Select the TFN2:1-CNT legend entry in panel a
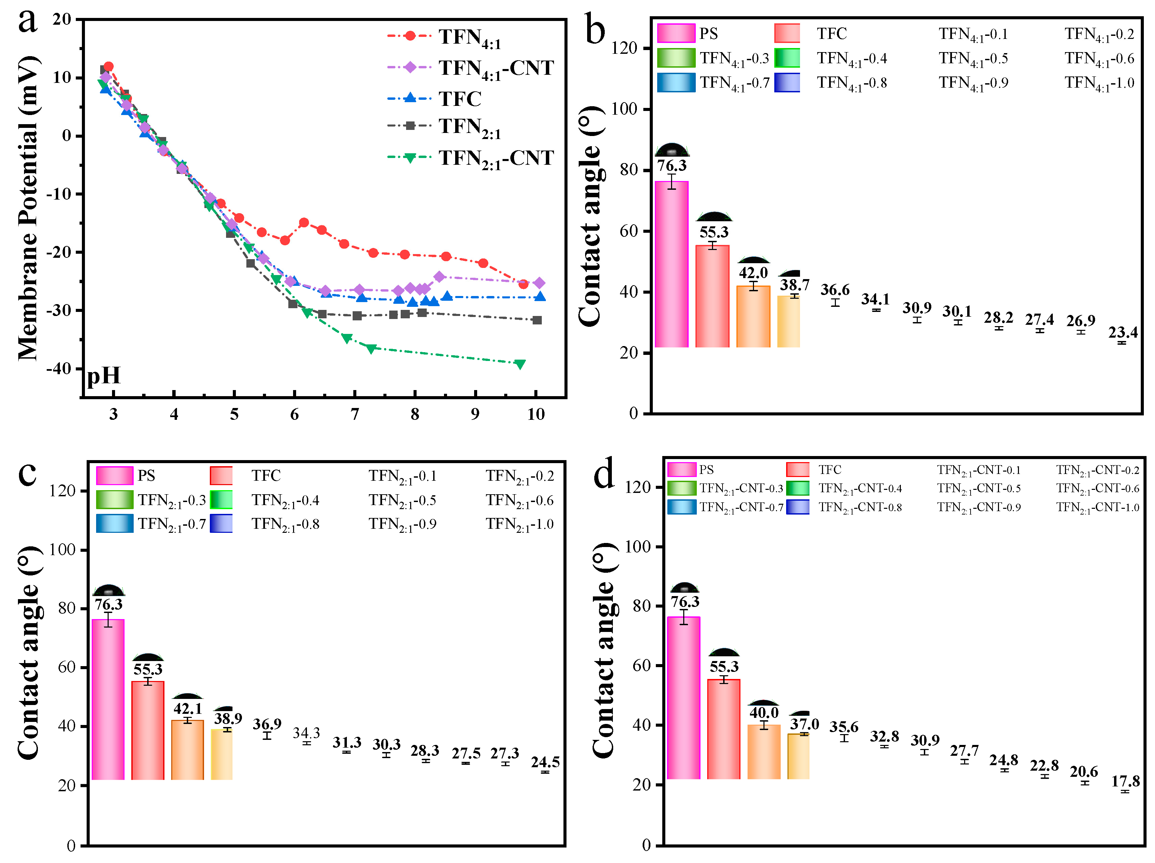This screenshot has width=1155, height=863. [x=495, y=158]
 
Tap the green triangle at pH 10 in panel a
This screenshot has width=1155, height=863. [x=519, y=364]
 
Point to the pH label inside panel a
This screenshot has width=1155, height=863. [x=104, y=376]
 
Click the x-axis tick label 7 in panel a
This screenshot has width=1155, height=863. [x=355, y=414]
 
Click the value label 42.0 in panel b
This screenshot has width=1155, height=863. [x=753, y=273]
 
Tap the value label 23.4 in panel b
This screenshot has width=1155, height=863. [x=1123, y=332]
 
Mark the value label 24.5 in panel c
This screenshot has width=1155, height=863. [x=545, y=762]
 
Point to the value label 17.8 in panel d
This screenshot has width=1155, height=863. [x=1125, y=781]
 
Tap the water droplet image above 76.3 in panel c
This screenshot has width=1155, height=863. [x=109, y=590]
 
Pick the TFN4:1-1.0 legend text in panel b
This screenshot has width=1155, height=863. [x=1099, y=83]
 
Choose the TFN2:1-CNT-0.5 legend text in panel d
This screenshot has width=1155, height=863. [x=978, y=488]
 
